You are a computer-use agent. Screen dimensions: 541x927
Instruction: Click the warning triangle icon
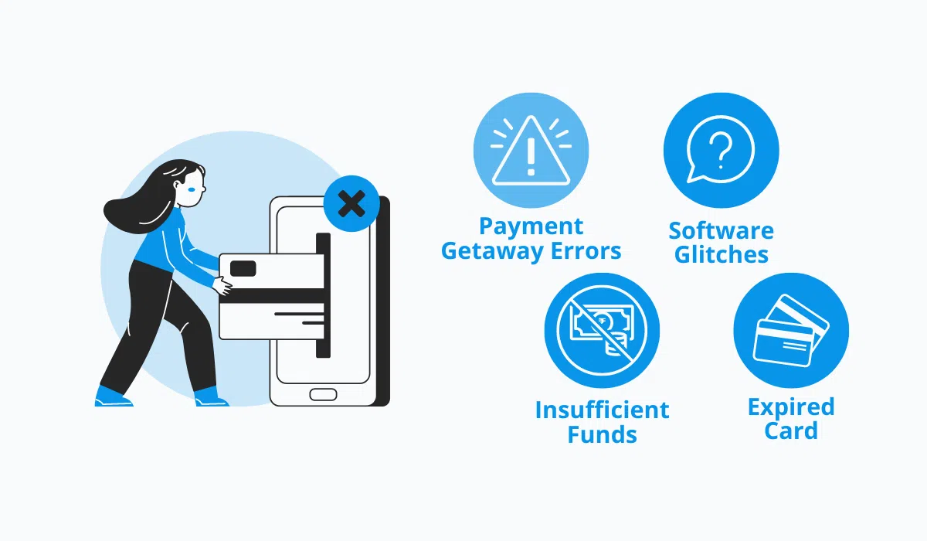coord(530,154)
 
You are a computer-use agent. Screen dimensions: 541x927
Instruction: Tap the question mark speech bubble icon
coord(721,151)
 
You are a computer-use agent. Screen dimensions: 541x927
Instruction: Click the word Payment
coord(531,227)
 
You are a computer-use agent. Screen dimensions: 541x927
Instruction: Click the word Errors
coord(586,252)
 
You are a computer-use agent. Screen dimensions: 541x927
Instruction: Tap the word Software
coord(721,231)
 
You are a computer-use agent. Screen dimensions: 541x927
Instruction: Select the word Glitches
coord(721,255)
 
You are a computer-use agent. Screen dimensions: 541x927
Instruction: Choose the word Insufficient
coord(602,410)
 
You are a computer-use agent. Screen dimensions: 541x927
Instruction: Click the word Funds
coord(602,434)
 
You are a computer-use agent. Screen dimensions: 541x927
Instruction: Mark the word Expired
coord(791,407)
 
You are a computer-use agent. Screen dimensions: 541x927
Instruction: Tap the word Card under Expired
coord(791,430)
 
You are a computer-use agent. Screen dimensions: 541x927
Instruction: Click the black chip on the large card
coord(244,268)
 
